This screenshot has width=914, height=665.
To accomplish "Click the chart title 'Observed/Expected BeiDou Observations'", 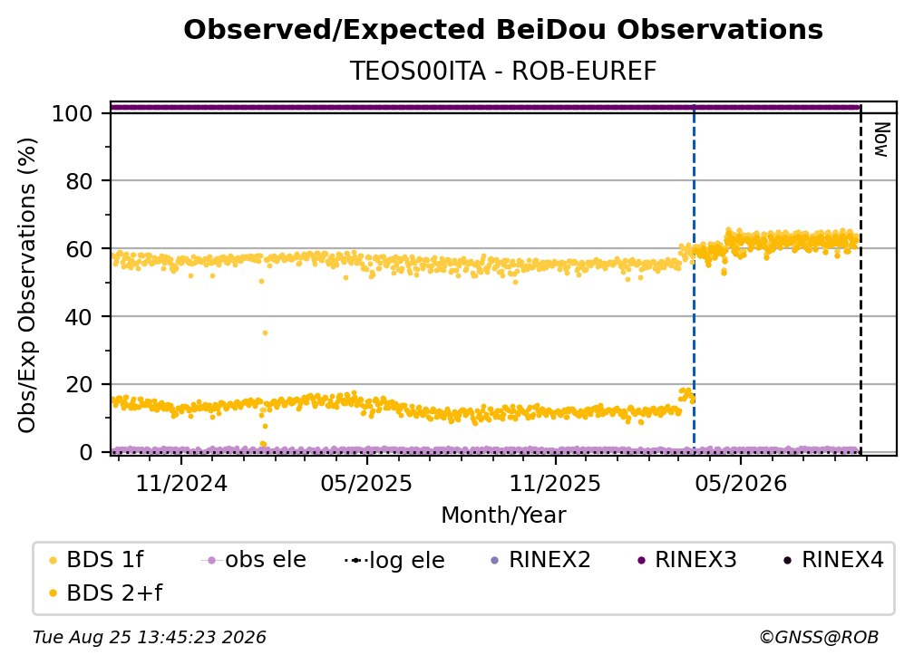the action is [x=503, y=30].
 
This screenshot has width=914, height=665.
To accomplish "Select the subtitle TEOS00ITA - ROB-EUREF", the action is [x=503, y=72].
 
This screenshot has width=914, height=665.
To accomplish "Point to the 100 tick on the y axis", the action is [x=73, y=113].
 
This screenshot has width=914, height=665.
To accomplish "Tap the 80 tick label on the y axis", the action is [x=79, y=181].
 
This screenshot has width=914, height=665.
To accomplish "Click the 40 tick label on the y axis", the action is [x=79, y=317].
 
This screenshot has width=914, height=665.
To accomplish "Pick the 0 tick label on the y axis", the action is [x=86, y=452].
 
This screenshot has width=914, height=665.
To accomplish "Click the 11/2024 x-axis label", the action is [x=181, y=483].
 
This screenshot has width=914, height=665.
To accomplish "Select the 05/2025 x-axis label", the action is [x=366, y=483].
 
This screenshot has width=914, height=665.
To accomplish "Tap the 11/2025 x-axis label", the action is [x=555, y=483].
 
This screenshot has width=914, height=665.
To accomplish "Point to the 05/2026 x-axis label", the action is [x=740, y=483].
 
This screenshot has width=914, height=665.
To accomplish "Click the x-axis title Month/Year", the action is [x=503, y=516].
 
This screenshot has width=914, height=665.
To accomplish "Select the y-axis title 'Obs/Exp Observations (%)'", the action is [x=27, y=284].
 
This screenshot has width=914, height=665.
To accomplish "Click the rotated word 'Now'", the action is [x=881, y=140].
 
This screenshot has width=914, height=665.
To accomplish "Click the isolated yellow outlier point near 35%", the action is [x=265, y=333].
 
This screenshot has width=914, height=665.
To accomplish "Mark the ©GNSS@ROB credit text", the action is [x=819, y=638].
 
